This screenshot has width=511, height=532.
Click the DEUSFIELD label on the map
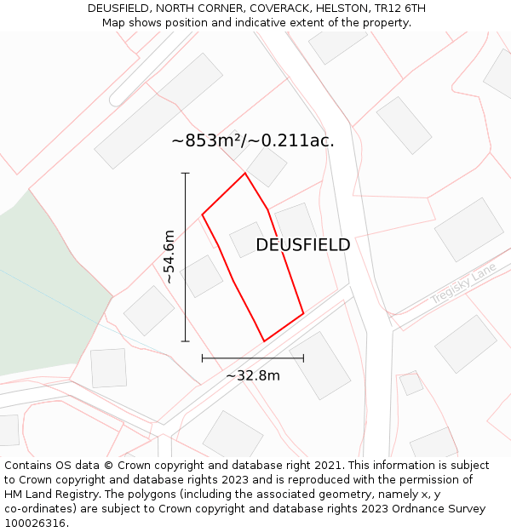tap(302, 245)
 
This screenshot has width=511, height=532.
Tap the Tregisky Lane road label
tap(462, 283)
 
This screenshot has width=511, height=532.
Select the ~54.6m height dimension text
tap(169, 256)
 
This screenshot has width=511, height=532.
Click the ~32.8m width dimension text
tap(252, 375)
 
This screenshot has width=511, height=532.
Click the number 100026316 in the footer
tap(35, 523)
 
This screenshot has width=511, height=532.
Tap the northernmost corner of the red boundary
tap(245, 174)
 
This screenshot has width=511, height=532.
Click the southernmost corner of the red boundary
tap(264, 341)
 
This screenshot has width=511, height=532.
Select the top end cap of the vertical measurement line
tap(186, 174)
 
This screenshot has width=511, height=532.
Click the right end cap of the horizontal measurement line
tap(303, 358)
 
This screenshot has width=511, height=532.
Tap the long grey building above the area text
tap(158, 111)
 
